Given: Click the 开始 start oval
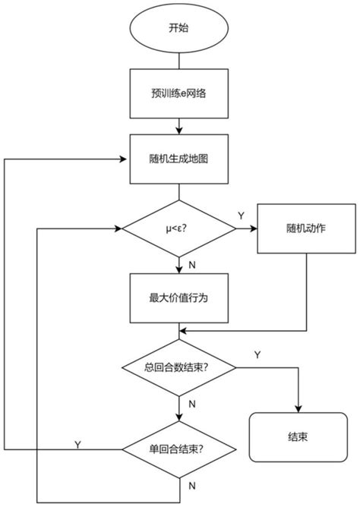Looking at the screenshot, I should coord(179,30).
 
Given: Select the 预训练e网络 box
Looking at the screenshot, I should coord(179,95).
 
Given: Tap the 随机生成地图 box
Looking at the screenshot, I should coord(179,159).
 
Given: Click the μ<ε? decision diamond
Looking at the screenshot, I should coord(179,227).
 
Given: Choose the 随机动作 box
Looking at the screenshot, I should coord(306,227).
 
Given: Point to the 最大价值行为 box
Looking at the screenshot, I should coord(179,298).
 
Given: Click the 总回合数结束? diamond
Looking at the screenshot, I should coord(179,367).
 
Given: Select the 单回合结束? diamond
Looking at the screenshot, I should coord(179,449).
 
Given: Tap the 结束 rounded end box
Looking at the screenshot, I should coord(297,438).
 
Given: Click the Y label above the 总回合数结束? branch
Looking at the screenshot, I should coord(257,354).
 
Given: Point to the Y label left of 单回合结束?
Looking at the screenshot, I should coord(77,443).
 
